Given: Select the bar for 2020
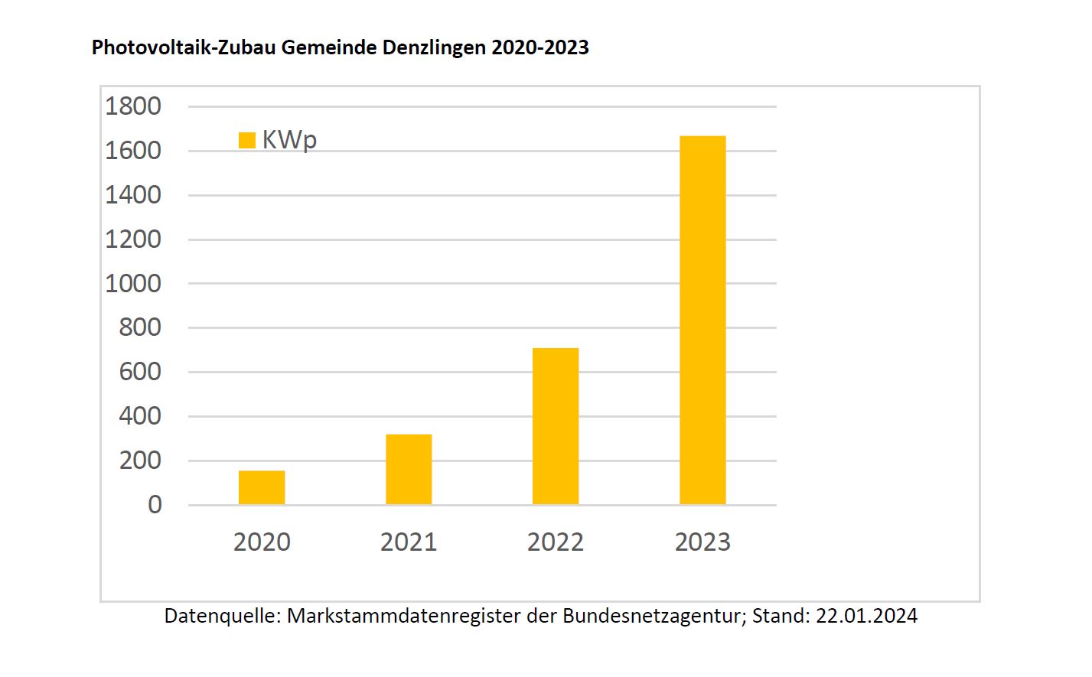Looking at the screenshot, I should pos(262,487).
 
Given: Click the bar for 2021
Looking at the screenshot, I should pos(409,469).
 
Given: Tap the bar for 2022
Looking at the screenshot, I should pos(556,426).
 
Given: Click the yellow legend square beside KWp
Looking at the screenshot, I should pos(247,140).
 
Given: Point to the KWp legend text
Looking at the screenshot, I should pos(289,140).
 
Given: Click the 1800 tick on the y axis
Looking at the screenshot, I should pos(133,106).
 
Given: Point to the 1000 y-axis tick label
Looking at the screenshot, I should pos(133,284).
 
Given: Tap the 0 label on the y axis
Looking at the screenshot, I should pos(155,505).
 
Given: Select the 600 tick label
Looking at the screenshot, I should pos(140,372).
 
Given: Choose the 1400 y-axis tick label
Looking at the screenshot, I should pos(133,195).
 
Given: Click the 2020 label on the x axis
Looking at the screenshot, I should pos(262,542).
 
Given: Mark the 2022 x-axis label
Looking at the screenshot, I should pos(556,542).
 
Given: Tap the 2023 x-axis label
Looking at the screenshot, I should pos(702,542).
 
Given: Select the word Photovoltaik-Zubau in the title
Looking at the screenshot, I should pos(184,47).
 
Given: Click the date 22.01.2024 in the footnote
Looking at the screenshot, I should pos(866,616).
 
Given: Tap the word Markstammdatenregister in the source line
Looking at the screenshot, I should pos(403,616).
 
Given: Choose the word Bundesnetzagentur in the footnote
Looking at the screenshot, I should pos(651,616).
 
